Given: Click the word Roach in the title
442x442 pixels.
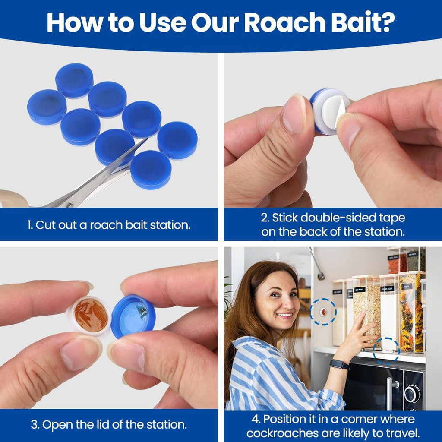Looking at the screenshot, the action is tap(284, 22).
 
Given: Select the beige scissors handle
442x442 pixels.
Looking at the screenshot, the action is tap(14, 198).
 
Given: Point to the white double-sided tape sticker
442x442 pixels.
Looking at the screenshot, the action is tap(333, 111).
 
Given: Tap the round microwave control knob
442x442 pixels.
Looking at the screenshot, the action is tap(412, 393).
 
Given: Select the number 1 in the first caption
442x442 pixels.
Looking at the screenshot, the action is tap(29, 225).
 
